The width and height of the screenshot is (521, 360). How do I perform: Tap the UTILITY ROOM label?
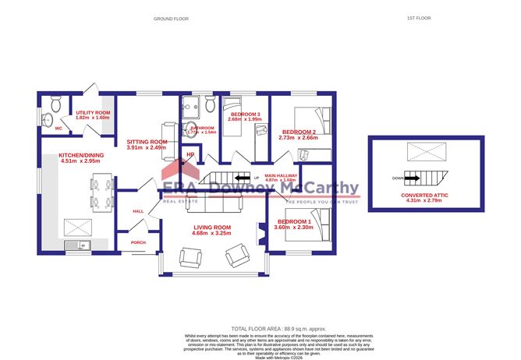pyautogui.click(x=93, y=113)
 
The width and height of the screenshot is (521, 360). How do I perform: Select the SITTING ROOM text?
pyautogui.click(x=147, y=142)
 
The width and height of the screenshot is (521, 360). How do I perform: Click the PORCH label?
pyautogui.click(x=138, y=242)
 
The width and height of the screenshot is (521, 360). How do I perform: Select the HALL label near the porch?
pyautogui.click(x=138, y=211)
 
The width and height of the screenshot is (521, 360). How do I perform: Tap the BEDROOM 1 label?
pyautogui.click(x=303, y=222)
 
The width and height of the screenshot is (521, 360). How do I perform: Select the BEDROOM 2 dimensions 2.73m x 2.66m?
pyautogui.click(x=297, y=138)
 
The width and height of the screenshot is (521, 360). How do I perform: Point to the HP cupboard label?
pyautogui.click(x=190, y=154)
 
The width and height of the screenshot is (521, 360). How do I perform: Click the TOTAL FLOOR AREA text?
pyautogui.click(x=260, y=329)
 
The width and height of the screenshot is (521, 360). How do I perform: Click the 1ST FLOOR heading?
pyautogui.click(x=419, y=17)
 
